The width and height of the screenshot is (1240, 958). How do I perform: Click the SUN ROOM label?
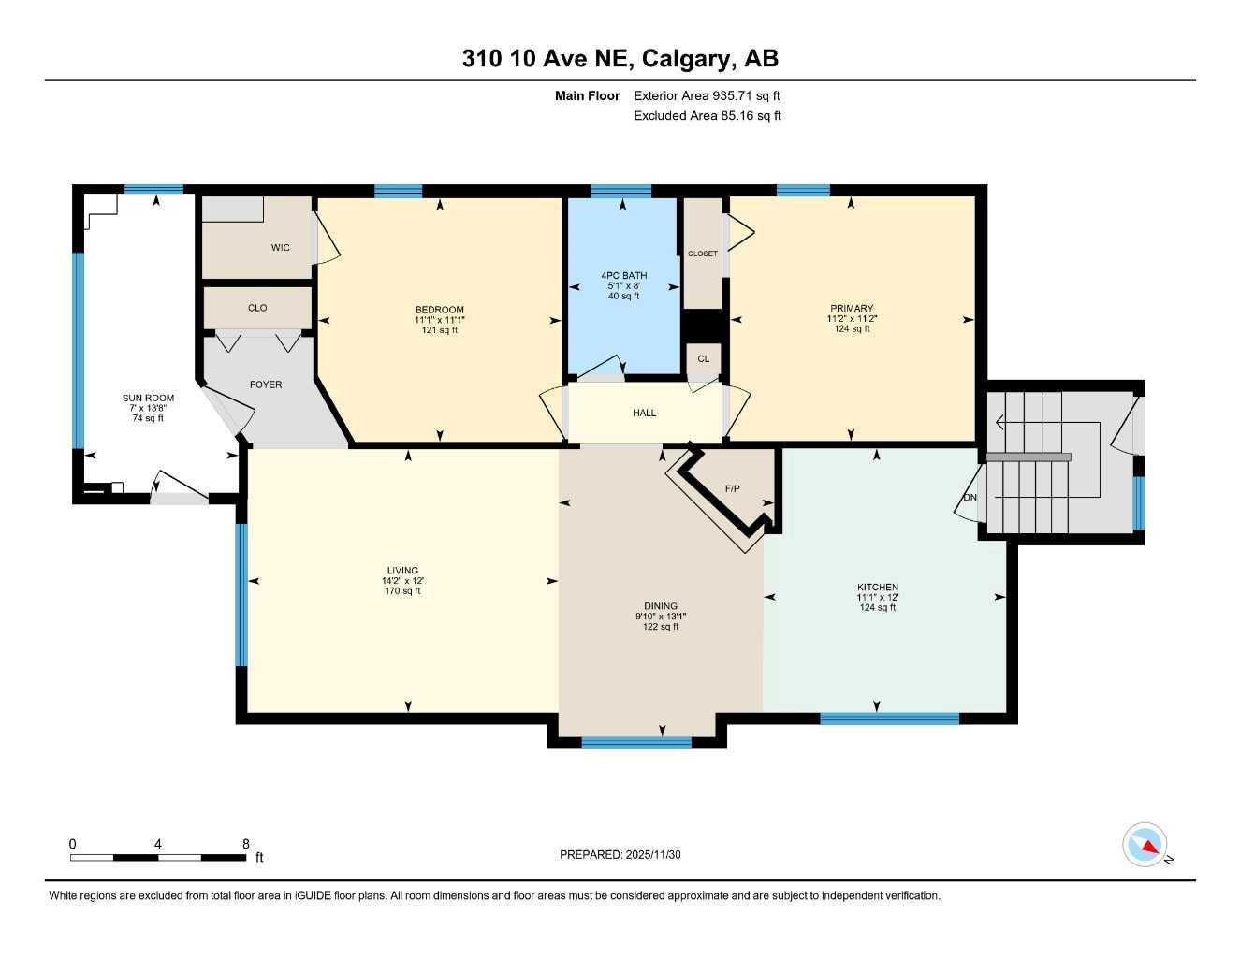tap(148, 398)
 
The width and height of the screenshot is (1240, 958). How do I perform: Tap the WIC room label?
tap(280, 248)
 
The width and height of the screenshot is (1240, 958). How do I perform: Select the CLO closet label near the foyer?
tap(257, 308)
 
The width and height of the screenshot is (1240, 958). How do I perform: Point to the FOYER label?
tap(266, 385)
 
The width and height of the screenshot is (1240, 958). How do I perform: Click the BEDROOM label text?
tap(440, 310)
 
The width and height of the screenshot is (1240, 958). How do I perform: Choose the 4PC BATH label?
tap(623, 276)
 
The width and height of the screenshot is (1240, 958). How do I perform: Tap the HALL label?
tap(644, 413)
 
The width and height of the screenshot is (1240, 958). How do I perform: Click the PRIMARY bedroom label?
tap(852, 308)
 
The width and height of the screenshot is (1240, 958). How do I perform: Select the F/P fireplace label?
tap(733, 488)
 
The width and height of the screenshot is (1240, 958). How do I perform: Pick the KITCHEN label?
tap(877, 588)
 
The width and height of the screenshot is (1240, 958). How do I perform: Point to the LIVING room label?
tap(402, 571)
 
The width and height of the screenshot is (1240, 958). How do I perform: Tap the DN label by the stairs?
tap(970, 497)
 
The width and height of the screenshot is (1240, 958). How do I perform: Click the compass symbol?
tap(1145, 845)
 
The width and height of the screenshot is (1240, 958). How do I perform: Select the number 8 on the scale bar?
tap(246, 844)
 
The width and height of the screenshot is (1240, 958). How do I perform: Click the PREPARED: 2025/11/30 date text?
tap(620, 854)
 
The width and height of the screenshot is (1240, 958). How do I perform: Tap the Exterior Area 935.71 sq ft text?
tap(707, 95)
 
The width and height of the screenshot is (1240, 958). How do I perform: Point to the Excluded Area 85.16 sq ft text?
tap(707, 116)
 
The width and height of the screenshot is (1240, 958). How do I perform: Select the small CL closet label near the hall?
tap(703, 358)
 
